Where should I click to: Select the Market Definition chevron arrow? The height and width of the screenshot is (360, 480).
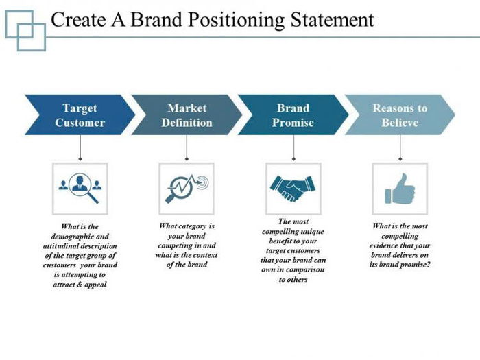tap(187, 115)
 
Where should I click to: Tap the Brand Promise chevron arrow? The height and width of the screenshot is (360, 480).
tap(293, 115)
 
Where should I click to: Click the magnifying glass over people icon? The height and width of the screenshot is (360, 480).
tap(80, 187)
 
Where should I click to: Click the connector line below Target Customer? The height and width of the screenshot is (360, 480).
tap(80, 147)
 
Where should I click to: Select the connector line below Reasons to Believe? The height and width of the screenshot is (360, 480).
tap(400, 147)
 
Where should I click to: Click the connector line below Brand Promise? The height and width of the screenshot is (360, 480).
tap(293, 147)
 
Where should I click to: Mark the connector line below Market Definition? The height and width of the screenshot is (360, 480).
tap(187, 147)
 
